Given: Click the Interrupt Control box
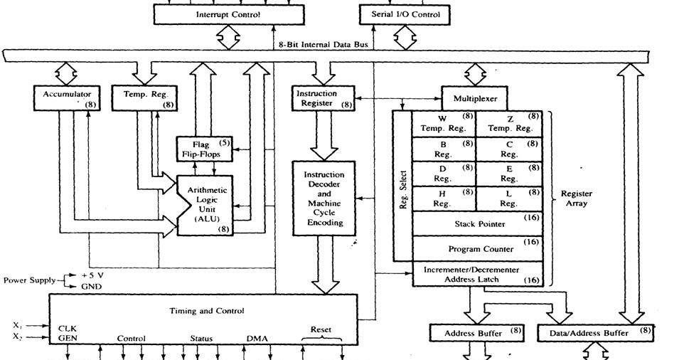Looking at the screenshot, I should (228, 14).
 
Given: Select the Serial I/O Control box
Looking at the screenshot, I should (405, 14).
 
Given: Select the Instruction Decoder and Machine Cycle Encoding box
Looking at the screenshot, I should (324, 198).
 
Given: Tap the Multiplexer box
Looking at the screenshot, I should (475, 98).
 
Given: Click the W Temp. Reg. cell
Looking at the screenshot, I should (443, 123).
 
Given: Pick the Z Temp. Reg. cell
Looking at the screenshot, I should (508, 123).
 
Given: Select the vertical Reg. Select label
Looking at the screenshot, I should (403, 189).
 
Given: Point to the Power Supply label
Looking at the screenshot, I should (29, 280).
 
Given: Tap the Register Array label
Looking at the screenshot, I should (576, 198).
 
